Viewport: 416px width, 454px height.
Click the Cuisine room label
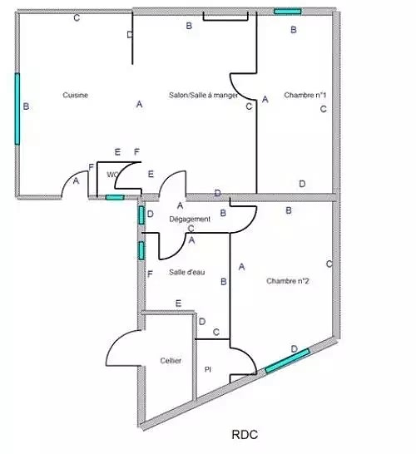76,95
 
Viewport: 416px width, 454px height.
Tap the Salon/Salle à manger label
203,95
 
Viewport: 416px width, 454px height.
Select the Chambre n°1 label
305,95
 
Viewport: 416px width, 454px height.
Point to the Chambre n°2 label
288,281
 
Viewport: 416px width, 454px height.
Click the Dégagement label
190,220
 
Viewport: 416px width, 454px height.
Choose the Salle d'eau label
187,272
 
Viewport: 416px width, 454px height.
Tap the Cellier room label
171,361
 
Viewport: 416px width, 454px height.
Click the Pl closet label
208,370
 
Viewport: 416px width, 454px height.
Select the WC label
112,175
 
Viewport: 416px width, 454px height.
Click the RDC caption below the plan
245,435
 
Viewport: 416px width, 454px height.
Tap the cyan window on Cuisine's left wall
17,109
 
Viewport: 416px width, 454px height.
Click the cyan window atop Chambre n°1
288,12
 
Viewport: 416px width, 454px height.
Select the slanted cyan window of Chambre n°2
288,361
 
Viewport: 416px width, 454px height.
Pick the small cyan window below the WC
115,197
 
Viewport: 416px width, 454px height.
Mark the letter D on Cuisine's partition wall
130,35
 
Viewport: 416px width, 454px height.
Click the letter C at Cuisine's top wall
77,18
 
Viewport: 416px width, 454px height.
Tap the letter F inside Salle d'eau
150,274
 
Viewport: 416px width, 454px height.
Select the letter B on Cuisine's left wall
26,106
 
